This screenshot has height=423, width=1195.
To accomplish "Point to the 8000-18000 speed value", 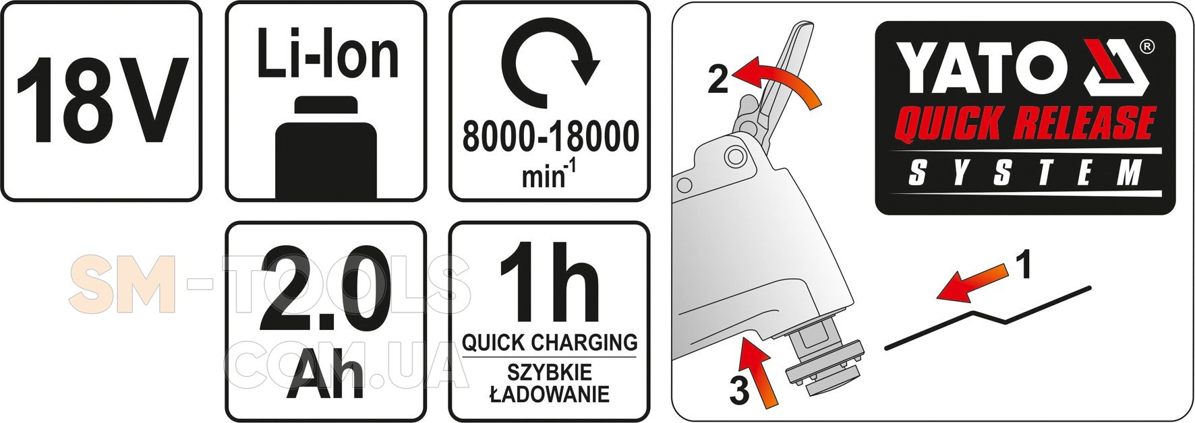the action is (550, 137).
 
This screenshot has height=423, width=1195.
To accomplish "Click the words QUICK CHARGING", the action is (550, 342).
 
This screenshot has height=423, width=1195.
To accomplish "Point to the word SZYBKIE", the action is (550, 372).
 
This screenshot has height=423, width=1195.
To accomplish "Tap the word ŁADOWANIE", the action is (549, 393).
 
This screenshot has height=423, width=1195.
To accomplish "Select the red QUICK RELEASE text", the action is (1024, 124).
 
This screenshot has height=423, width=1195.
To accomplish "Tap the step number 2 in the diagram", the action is (718, 80).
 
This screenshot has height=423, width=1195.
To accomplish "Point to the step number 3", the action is (739, 391).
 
